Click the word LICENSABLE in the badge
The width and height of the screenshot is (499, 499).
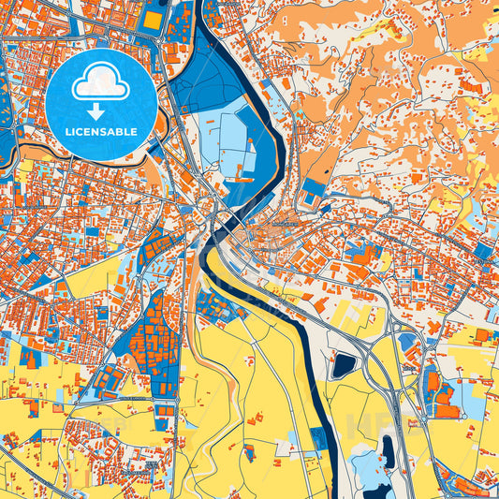click(x=101, y=132)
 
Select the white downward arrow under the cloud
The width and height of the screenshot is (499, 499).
click(x=101, y=111)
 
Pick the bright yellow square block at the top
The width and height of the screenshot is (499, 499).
click(x=152, y=19)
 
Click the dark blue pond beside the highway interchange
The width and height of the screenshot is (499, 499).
click(x=344, y=364)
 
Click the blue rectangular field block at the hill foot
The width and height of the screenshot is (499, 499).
click(x=315, y=187)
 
